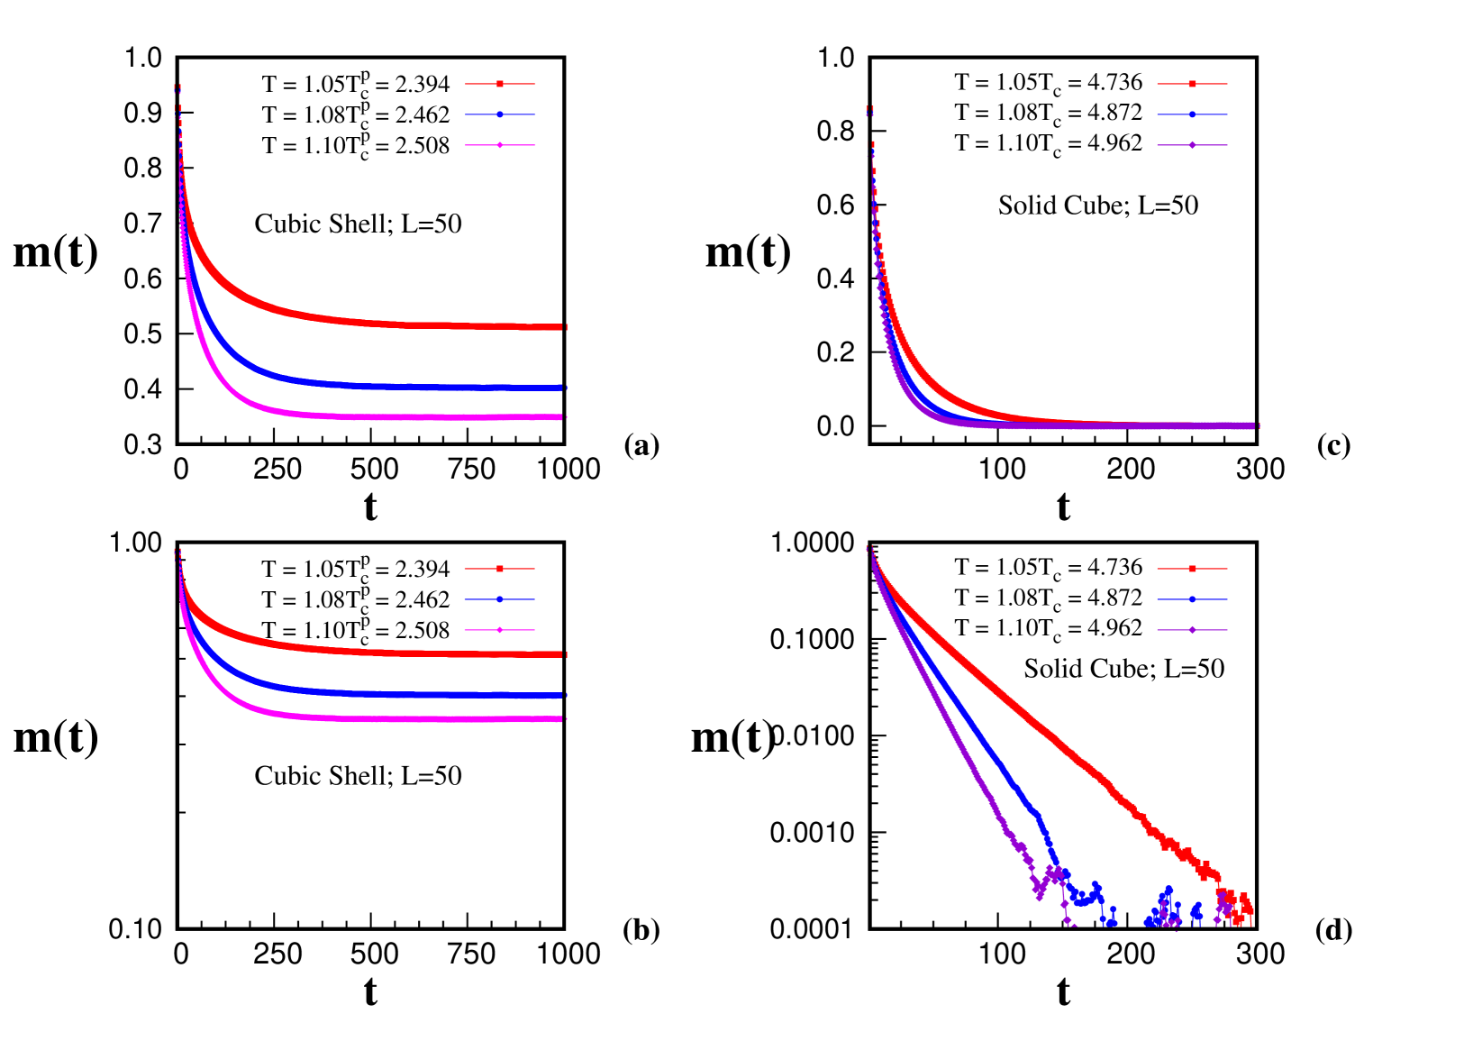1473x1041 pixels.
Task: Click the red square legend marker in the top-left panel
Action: (x=500, y=84)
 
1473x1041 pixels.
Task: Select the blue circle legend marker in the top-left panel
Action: (x=500, y=114)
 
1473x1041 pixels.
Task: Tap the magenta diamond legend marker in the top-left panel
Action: (x=500, y=145)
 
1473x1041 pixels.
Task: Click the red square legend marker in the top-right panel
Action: (x=1192, y=84)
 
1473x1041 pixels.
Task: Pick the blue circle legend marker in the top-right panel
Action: (x=1192, y=114)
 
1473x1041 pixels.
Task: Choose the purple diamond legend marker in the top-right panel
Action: (x=1192, y=145)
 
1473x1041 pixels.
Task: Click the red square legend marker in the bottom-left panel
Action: (x=500, y=569)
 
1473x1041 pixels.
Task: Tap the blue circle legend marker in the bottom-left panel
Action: (x=500, y=599)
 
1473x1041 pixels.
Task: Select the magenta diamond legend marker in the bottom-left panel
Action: (x=500, y=630)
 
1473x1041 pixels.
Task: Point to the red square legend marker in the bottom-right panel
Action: (x=1192, y=569)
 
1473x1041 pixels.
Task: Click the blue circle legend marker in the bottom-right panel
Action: (x=1192, y=599)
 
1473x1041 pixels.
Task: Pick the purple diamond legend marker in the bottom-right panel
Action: (x=1192, y=630)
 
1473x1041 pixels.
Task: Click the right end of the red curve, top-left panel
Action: (x=564, y=327)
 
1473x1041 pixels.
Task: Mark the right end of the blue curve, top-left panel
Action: (x=564, y=388)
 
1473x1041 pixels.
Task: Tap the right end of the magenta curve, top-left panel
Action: (x=564, y=417)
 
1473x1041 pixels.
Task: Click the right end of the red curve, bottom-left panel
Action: (x=564, y=654)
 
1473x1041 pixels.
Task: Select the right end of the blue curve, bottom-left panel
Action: (x=564, y=696)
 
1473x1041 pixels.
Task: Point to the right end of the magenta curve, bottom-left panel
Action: (x=564, y=719)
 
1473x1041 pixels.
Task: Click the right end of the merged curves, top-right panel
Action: (x=1255, y=425)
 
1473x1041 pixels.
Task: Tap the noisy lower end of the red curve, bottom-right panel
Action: (x=1247, y=909)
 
